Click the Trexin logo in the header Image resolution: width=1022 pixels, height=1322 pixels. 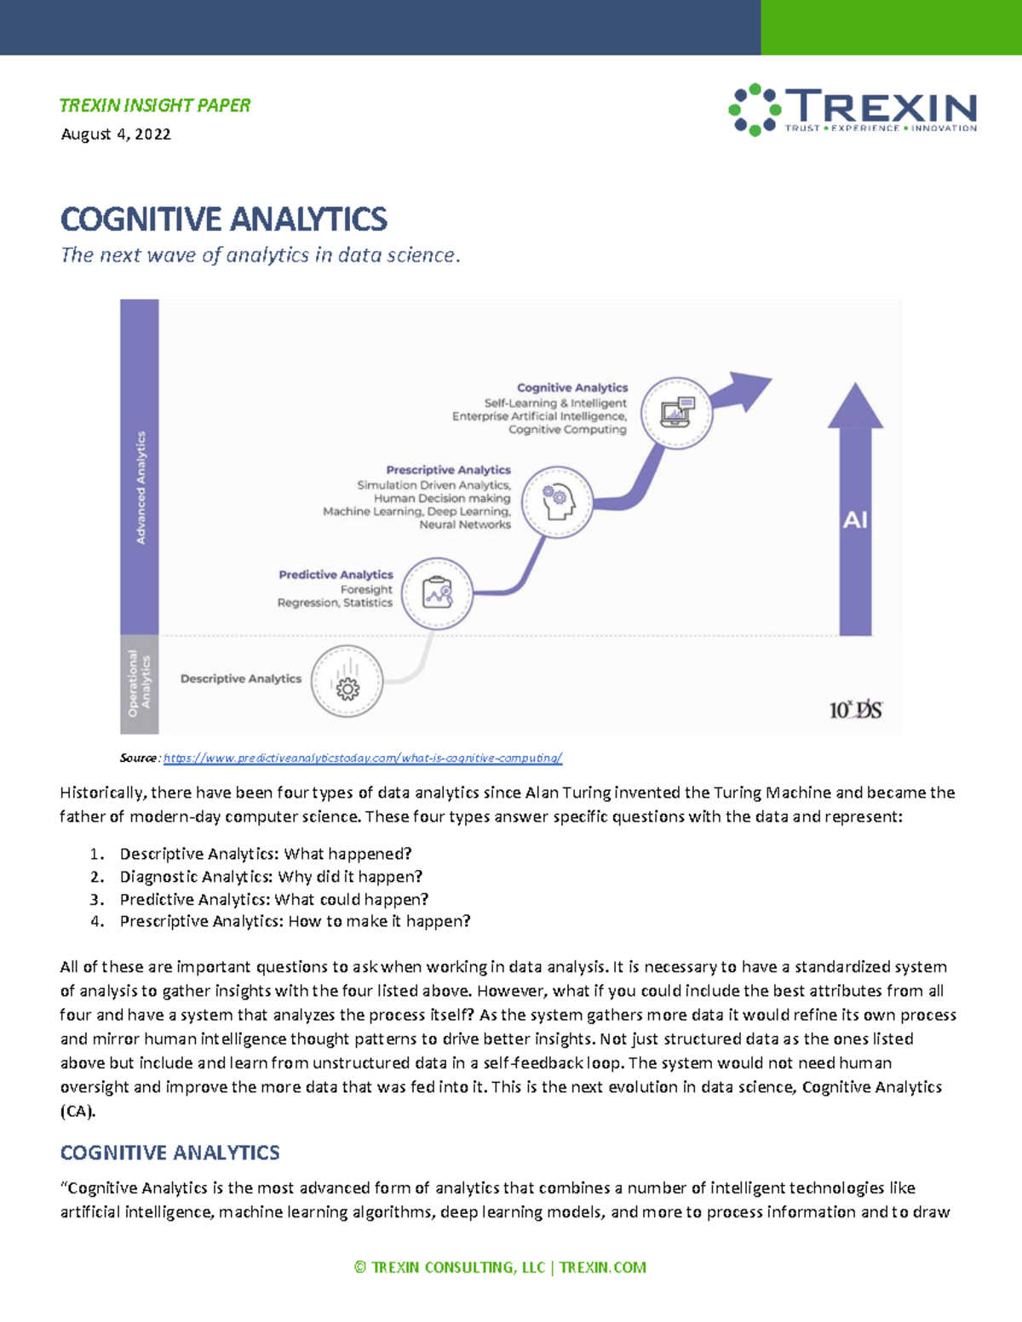tap(853, 110)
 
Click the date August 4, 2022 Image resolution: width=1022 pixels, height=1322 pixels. tap(116, 134)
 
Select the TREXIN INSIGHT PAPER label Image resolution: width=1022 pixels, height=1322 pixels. tap(155, 106)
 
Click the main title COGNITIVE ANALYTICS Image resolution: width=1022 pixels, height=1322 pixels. tap(224, 220)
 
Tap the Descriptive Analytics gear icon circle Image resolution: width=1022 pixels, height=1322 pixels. tap(347, 681)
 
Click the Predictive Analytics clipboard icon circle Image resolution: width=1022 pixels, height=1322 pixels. tap(437, 593)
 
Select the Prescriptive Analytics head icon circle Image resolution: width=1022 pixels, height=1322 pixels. tap(557, 502)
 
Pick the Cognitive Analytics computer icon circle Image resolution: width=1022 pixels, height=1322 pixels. tap(677, 413)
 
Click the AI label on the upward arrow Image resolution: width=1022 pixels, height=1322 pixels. tap(855, 520)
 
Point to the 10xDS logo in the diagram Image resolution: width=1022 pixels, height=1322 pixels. tap(855, 709)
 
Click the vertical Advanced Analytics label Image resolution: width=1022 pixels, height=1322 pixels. tap(141, 488)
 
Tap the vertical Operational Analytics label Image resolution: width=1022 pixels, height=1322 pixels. tap(139, 684)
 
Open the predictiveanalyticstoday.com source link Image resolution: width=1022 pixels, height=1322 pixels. tap(363, 758)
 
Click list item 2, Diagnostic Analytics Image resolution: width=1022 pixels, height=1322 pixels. tap(271, 877)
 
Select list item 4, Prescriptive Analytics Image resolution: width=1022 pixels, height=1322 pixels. tap(295, 921)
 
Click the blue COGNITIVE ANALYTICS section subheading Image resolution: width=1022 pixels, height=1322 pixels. tap(170, 1153)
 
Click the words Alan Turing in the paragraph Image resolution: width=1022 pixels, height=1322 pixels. tap(567, 793)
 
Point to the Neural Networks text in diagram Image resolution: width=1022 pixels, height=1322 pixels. tap(465, 525)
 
